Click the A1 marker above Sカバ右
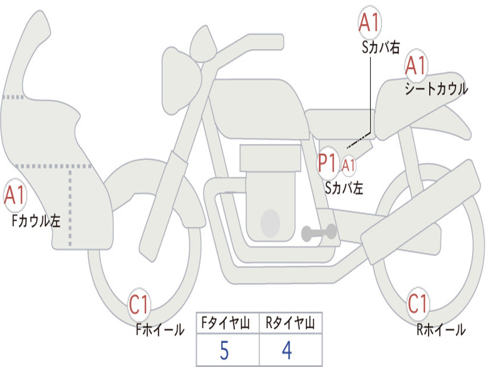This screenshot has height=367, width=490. [x=370, y=22]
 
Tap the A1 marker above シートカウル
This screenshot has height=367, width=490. [x=416, y=65]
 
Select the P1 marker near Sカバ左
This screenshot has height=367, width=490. [x=327, y=163]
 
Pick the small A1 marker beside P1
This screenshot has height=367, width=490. [x=348, y=165]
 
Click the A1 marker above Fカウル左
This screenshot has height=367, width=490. [x=15, y=195]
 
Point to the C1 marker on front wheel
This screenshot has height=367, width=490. [x=139, y=304]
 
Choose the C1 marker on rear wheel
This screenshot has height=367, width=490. [x=417, y=303]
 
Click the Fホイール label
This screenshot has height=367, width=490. [x=160, y=330]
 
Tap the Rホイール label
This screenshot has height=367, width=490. [x=441, y=330]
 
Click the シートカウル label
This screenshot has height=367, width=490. [x=436, y=89]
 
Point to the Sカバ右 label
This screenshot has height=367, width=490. [x=380, y=47]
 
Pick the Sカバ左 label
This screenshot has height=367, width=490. [x=344, y=188]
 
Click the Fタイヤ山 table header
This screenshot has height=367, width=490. [x=225, y=323]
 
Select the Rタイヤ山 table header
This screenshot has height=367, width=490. [x=290, y=323]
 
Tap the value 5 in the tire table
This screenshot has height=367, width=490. [x=224, y=350]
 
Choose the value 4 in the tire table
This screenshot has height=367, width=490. [x=287, y=350]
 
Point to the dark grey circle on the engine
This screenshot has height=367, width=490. [x=270, y=223]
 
